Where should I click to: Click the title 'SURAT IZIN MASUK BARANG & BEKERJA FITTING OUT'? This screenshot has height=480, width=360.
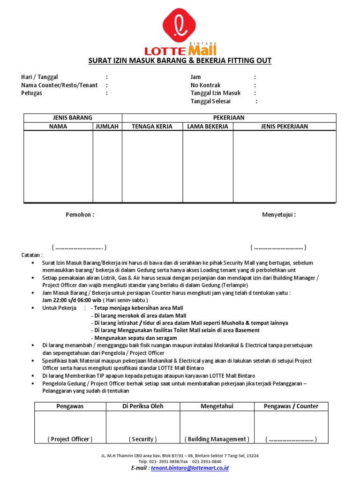[x=180, y=61]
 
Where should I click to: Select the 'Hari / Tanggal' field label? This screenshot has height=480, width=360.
[x=39, y=77]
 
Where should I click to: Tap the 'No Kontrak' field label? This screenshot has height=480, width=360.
[x=205, y=85]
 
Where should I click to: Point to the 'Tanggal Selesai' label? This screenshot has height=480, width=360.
[x=210, y=101]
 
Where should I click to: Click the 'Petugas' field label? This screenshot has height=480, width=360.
[x=31, y=93]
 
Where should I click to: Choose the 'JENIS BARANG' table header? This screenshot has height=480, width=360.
[x=73, y=118]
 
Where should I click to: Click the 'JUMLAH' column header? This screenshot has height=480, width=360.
[x=107, y=127]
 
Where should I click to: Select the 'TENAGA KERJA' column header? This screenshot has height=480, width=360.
[x=152, y=127]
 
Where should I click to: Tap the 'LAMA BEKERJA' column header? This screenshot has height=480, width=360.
[x=208, y=127]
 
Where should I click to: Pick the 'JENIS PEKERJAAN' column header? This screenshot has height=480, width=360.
[x=284, y=127]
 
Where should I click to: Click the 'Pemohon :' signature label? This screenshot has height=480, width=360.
[x=80, y=215]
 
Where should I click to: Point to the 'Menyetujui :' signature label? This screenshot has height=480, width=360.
[x=278, y=215]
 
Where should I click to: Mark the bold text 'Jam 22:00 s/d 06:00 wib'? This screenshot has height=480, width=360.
[x=72, y=300]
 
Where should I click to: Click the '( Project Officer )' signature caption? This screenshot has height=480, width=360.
[x=70, y=439]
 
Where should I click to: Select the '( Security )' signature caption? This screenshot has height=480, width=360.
[x=142, y=439]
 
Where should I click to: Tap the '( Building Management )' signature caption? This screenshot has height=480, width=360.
[x=217, y=439]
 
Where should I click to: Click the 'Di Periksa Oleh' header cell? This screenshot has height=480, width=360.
[x=142, y=406]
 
